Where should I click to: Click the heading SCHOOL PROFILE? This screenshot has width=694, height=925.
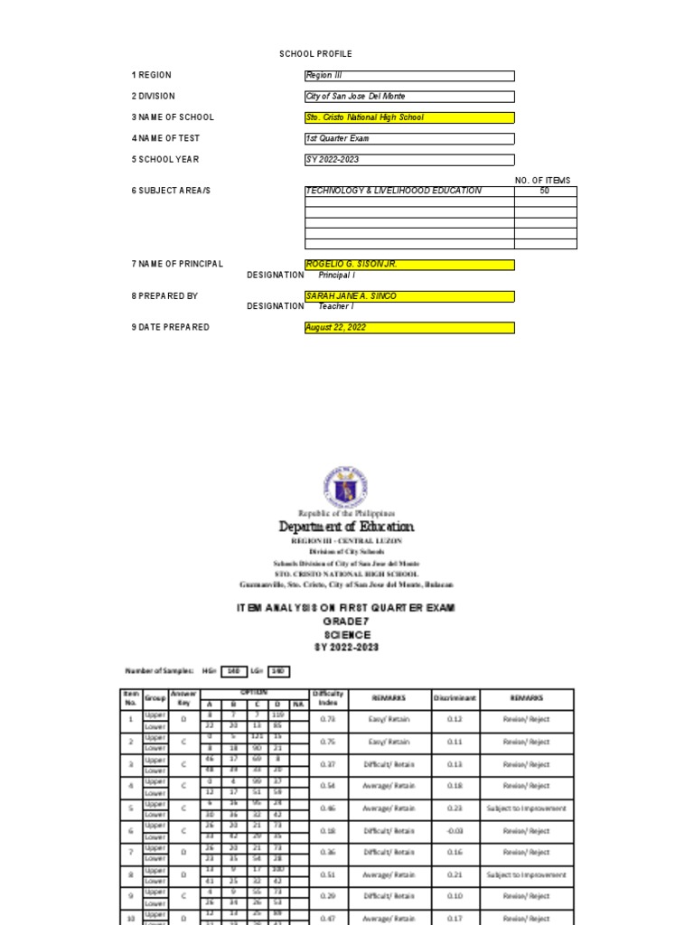pyautogui.click(x=315, y=54)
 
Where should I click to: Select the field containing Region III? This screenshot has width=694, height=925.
pyautogui.click(x=409, y=76)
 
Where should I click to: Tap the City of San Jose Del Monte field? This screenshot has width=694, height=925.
pyautogui.click(x=409, y=97)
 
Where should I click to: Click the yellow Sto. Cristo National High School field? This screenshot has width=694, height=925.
pyautogui.click(x=409, y=117)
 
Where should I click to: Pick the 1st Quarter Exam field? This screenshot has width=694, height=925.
pyautogui.click(x=409, y=138)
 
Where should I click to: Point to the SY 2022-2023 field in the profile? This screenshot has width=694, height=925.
pyautogui.click(x=409, y=160)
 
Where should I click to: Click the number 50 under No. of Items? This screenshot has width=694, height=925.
pyautogui.click(x=545, y=192)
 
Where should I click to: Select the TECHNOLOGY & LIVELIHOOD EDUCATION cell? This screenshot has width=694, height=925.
pyautogui.click(x=409, y=192)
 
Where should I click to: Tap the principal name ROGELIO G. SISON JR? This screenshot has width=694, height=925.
pyautogui.click(x=409, y=265)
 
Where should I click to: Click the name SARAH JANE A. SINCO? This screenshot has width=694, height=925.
pyautogui.click(x=409, y=296)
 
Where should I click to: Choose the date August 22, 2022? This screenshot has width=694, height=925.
pyautogui.click(x=409, y=328)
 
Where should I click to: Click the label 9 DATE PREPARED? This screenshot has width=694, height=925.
pyautogui.click(x=171, y=328)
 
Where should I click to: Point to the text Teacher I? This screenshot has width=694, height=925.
pyautogui.click(x=335, y=306)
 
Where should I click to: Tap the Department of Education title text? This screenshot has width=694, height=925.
pyautogui.click(x=346, y=527)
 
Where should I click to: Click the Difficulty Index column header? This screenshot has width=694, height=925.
pyautogui.click(x=327, y=698)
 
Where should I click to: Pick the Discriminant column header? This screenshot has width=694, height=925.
pyautogui.click(x=455, y=698)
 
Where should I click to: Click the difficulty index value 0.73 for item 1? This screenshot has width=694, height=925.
pyautogui.click(x=327, y=720)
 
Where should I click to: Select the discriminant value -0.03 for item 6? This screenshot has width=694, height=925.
pyautogui.click(x=455, y=830)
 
